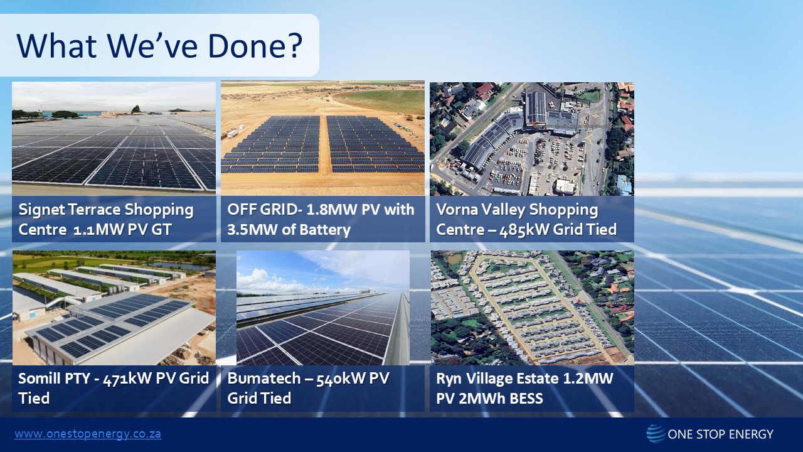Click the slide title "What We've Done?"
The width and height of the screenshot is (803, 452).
tap(159, 45)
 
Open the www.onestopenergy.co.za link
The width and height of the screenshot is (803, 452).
tap(88, 434)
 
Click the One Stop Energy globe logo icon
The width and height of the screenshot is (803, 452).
tap(656, 434)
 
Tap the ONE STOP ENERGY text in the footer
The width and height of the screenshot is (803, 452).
tap(721, 434)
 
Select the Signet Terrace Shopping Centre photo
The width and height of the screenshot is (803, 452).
tap(114, 137)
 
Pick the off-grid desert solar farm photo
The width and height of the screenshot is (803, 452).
tap(322, 137)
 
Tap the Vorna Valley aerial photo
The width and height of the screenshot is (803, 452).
tap(531, 138)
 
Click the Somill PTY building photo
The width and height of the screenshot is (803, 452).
tap(114, 308)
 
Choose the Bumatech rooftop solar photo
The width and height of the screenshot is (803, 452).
tap(322, 308)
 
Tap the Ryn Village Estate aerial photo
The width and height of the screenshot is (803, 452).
tap(531, 308)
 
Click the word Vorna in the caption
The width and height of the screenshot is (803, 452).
tap(457, 210)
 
